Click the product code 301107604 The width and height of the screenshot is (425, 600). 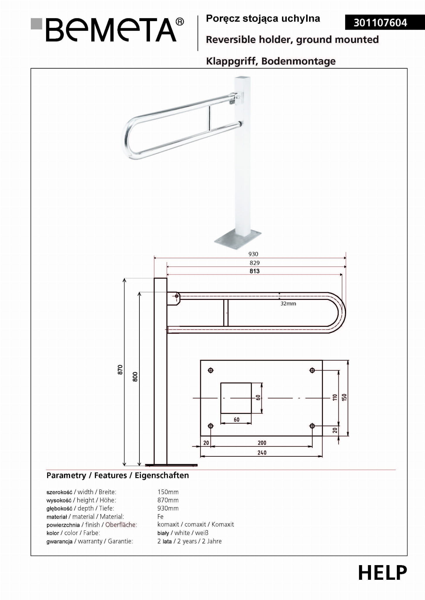click(x=380, y=23)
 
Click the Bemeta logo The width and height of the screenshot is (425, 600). click(x=107, y=30)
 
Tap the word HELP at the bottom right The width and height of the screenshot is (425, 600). click(x=382, y=573)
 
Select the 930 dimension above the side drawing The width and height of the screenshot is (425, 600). click(x=253, y=254)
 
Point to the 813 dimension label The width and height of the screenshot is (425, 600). click(x=254, y=271)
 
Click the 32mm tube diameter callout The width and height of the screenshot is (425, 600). click(x=288, y=304)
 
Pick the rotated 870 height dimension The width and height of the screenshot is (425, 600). click(x=120, y=370)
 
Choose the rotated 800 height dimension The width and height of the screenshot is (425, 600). click(x=135, y=377)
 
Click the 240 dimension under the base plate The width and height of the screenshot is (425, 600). click(x=262, y=453)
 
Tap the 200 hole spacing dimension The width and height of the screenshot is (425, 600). click(x=262, y=443)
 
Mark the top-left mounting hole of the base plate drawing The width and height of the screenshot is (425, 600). click(x=210, y=370)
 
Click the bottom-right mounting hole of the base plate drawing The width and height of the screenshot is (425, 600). click(x=312, y=426)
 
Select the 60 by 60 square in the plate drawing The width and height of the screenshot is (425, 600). click(x=236, y=398)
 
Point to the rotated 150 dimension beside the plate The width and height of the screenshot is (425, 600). click(x=344, y=397)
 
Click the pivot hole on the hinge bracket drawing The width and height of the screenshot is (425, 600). click(x=177, y=296)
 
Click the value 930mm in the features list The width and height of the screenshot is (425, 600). click(x=168, y=508)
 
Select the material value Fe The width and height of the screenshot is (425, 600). click(x=160, y=516)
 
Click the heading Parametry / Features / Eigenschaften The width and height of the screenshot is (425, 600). click(x=118, y=475)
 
